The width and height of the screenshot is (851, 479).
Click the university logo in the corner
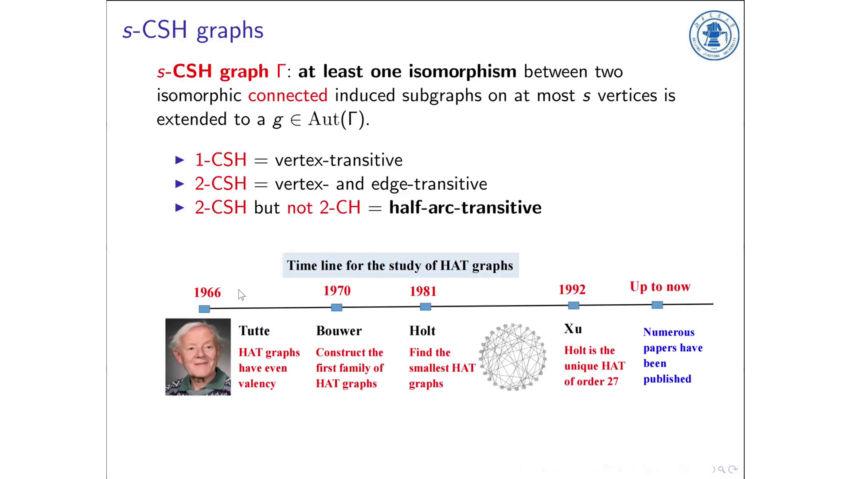pos(714,35)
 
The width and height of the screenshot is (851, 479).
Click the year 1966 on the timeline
pos(207,293)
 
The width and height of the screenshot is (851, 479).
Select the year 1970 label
pos(337,291)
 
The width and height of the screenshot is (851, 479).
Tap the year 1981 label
pos(423,291)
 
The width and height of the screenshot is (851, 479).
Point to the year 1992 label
pos(572,290)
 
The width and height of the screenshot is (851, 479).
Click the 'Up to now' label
pos(660,287)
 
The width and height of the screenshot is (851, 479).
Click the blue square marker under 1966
pos(204,309)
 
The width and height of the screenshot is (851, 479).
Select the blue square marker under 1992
pos(574,306)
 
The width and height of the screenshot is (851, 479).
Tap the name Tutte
pos(254,331)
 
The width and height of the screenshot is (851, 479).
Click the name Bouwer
pos(339,331)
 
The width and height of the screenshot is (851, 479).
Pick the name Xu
pos(573,329)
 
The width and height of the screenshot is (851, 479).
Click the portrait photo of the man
pos(198,357)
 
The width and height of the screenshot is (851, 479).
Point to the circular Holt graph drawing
pos(513,357)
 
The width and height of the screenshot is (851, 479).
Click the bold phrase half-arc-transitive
pos(465,208)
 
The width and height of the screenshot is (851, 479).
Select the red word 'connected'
pos(288,95)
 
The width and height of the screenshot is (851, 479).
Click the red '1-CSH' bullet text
pos(220,160)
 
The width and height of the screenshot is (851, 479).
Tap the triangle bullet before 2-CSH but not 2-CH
pos(180,208)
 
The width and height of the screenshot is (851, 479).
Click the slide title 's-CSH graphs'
pos(193,30)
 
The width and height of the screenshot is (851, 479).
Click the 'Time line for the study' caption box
pos(400,266)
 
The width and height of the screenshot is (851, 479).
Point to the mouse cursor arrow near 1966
pos(241,294)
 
